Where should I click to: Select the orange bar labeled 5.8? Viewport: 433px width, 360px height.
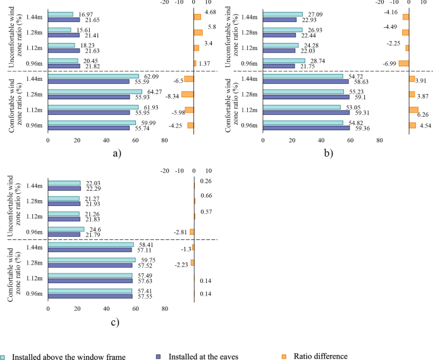pyautogui.click(x=198, y=32)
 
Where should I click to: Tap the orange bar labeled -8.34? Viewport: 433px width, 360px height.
pyautogui.click(x=187, y=94)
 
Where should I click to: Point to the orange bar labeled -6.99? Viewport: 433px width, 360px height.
pyautogui.click(x=403, y=63)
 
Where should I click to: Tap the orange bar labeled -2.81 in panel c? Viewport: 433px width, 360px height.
pyautogui.click(x=192, y=232)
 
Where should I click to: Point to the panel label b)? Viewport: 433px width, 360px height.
pyautogui.click(x=328, y=153)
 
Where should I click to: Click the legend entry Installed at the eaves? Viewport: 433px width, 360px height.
pyautogui.click(x=202, y=356)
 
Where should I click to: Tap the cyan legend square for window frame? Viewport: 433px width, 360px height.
pyautogui.click(x=4, y=357)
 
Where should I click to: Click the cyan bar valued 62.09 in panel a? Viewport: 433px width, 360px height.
pyautogui.click(x=94, y=76)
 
